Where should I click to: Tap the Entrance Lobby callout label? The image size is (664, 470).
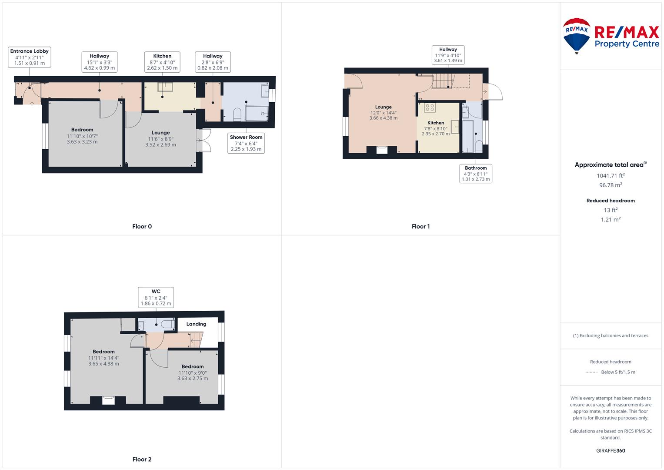(x=29, y=57)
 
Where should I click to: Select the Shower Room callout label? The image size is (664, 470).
(x=246, y=143)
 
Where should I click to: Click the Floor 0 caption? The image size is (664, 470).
(x=142, y=226)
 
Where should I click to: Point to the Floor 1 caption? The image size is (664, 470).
(x=420, y=226)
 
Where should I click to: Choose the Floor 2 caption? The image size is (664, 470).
(x=142, y=459)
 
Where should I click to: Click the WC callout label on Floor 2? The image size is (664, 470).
(x=156, y=297)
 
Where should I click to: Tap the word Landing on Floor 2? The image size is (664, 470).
(x=196, y=324)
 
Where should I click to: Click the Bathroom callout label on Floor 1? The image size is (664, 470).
(x=476, y=174)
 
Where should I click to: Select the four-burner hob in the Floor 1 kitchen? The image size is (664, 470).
(x=430, y=107)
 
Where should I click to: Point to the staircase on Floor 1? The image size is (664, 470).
(x=444, y=81)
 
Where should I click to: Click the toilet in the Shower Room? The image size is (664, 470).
(x=237, y=114)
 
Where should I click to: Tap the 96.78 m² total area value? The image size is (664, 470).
(x=611, y=185)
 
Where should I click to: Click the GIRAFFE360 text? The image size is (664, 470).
(x=611, y=450)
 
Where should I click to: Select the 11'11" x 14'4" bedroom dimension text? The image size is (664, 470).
(x=103, y=358)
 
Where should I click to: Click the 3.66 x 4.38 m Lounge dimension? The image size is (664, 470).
(x=383, y=118)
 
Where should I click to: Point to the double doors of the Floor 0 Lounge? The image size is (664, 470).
(x=204, y=140)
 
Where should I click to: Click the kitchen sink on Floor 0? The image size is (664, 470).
(x=165, y=87)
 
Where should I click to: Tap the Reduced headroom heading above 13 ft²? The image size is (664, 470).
(x=611, y=201)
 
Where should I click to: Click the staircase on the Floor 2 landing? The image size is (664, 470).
(x=196, y=340)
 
